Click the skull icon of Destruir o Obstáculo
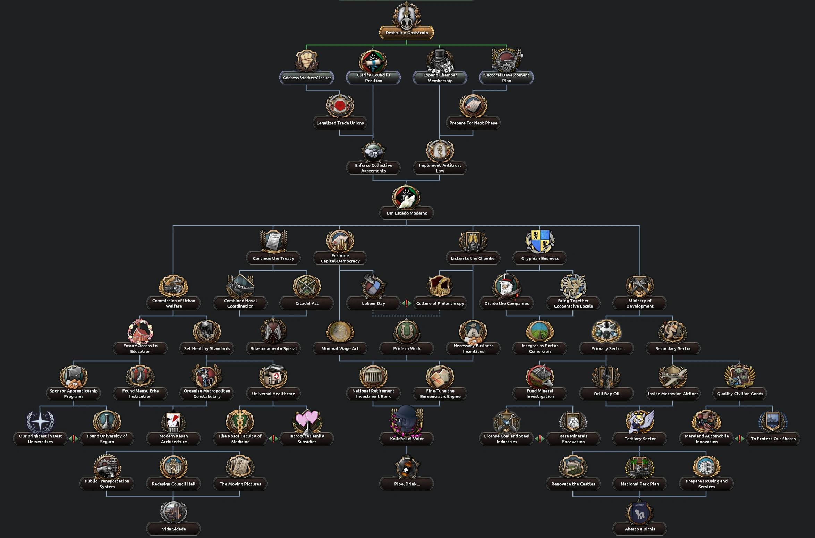(406, 17)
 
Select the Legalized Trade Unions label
(340, 123)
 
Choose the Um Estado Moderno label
(407, 213)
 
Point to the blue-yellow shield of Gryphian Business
(540, 241)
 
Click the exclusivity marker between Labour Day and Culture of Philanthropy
(407, 303)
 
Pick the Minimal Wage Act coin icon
(340, 331)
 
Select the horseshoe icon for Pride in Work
(407, 331)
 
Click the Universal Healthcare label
(273, 394)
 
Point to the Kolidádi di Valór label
(407, 439)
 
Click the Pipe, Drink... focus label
(407, 484)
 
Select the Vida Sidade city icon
(173, 512)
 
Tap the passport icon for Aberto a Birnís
(639, 512)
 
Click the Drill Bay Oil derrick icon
(606, 377)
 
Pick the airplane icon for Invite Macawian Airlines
(673, 377)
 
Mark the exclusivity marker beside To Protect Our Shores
(740, 439)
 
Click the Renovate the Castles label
(573, 484)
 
